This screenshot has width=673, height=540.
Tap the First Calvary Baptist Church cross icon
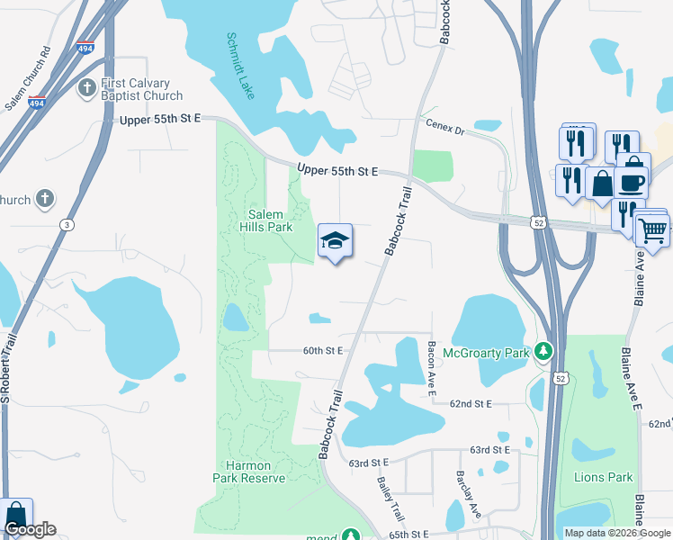[x=87, y=87]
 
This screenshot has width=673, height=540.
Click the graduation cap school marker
[x=335, y=241]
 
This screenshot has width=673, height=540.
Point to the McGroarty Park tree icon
[x=543, y=352]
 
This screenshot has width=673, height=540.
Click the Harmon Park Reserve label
[x=250, y=472]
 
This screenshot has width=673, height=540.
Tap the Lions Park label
[x=602, y=477]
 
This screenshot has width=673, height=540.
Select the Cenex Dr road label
[x=444, y=130]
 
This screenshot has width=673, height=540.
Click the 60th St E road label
[x=323, y=350]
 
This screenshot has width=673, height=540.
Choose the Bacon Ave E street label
[x=432, y=368]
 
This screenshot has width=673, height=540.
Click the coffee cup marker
[x=632, y=181]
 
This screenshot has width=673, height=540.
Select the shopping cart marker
[x=652, y=230]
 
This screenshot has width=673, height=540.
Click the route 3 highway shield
[x=67, y=223]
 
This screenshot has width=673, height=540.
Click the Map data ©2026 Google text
[x=616, y=533]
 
